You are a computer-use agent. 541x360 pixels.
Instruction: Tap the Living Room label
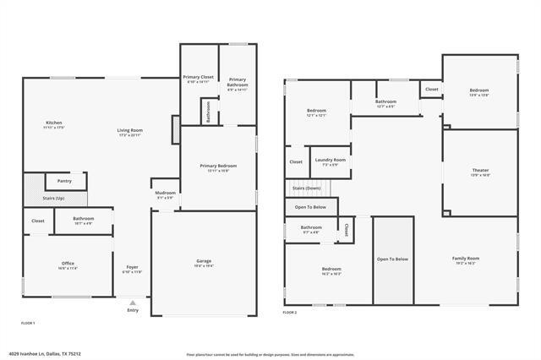(x=129, y=132)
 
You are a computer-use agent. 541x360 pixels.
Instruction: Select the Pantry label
(x=64, y=181)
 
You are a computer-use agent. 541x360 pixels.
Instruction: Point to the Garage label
(x=204, y=263)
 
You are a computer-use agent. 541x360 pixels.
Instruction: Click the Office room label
(x=68, y=265)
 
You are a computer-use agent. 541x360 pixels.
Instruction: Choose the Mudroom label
(x=165, y=195)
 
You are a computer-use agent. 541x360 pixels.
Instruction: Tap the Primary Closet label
(x=199, y=79)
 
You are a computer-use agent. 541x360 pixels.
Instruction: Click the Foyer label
(x=132, y=270)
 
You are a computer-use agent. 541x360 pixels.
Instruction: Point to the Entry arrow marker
(x=132, y=302)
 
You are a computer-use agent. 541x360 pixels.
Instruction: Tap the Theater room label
(x=480, y=172)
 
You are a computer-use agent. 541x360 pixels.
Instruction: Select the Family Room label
(x=465, y=260)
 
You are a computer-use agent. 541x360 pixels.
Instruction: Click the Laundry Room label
(x=330, y=161)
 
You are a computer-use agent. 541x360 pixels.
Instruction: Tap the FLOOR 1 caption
(x=28, y=323)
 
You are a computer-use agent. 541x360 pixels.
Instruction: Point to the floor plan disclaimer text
(x=282, y=354)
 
